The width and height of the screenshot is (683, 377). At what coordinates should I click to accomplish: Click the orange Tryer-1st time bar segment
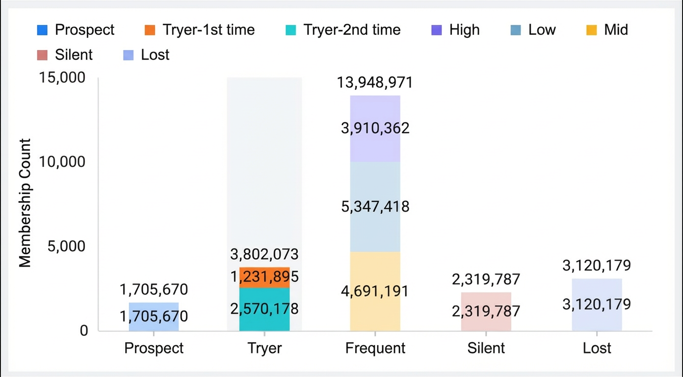coord(264,277)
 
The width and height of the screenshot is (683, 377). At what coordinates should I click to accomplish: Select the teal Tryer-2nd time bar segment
coord(264,309)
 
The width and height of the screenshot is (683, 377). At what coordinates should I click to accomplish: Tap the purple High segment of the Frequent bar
coord(375,129)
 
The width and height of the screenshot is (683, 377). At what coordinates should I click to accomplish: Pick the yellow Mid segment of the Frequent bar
coord(375,291)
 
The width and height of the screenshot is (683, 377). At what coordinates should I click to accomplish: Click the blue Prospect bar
coord(154,317)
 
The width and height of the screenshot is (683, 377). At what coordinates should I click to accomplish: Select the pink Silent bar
coord(486,311)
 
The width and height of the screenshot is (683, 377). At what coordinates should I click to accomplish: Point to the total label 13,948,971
coord(375,82)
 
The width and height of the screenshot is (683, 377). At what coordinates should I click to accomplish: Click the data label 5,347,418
coord(375,207)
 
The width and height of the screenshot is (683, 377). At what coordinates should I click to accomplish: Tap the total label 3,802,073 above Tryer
coord(264,254)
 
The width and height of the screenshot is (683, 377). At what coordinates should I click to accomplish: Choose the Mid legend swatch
coord(591,30)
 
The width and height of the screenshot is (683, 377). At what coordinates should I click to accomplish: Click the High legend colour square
coord(437,30)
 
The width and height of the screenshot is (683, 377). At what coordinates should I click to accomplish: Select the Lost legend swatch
coord(129,55)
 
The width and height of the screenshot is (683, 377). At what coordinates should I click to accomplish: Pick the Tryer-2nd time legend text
coord(352,30)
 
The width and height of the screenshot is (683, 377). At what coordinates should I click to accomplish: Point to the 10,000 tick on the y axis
coord(62,162)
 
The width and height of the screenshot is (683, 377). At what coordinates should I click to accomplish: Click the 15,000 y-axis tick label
coord(62,78)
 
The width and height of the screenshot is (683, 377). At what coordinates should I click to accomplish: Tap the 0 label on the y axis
coord(84,331)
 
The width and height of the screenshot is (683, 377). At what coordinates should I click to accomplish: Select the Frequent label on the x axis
coord(375,348)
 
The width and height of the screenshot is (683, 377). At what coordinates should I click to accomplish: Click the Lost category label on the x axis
coord(597,348)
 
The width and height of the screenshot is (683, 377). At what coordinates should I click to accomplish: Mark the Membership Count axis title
coord(25,203)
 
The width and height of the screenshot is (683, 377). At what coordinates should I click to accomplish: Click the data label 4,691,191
coord(375,291)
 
